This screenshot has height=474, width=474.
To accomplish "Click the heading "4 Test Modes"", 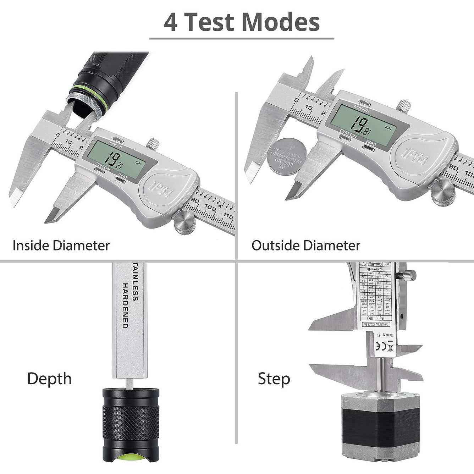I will [242, 22].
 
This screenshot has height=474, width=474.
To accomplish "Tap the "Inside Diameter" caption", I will [61, 246].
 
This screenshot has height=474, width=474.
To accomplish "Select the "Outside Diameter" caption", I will [306, 246].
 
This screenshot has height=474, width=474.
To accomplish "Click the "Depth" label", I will [49, 379].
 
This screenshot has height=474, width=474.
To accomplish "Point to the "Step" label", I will [274, 379].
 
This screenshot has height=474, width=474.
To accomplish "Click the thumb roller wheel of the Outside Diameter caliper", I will [443, 193].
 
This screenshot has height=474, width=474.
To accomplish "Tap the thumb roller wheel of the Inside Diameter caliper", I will [185, 223].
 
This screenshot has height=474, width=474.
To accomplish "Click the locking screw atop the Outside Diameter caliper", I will [403, 106].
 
